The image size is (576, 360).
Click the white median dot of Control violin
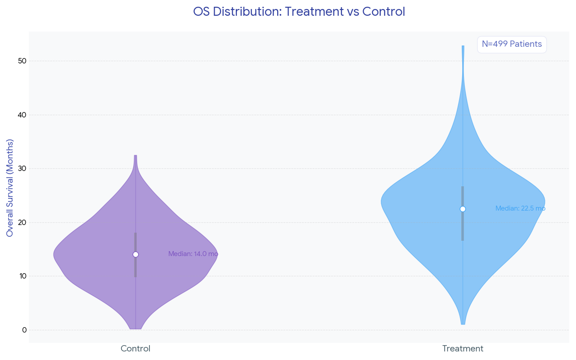[135, 255]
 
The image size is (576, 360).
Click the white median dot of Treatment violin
[463, 209]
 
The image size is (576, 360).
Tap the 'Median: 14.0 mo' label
[193, 254]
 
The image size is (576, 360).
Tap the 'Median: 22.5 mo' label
[520, 209]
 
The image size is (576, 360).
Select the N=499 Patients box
[512, 44]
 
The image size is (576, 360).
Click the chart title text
[299, 12]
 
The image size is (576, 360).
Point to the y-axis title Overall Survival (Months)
[10, 188]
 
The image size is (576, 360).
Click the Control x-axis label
[135, 349]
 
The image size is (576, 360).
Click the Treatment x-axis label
[463, 349]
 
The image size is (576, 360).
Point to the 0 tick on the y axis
[24, 330]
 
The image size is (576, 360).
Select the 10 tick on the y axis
[22, 276]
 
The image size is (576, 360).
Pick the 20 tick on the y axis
[22, 222]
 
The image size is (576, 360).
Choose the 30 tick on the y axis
[22, 169]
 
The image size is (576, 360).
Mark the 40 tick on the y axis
[22, 115]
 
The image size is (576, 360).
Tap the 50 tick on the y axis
[22, 61]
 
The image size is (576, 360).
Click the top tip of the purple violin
[135, 157]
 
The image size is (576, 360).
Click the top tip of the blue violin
[463, 47]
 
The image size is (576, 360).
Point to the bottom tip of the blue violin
[463, 323]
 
